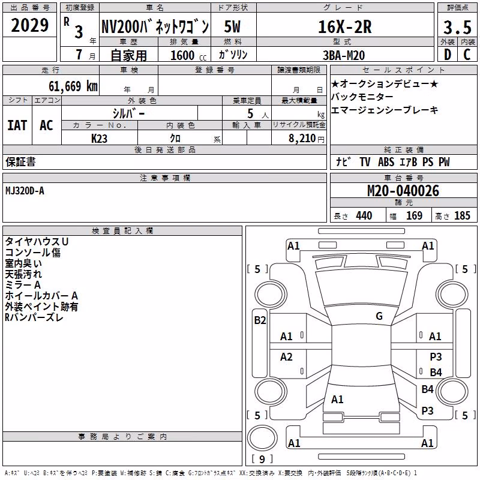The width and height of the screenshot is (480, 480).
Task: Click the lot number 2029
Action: tap(29, 25)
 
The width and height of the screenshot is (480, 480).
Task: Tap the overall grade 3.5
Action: tap(457, 28)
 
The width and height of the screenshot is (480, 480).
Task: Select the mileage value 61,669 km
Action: tap(73, 86)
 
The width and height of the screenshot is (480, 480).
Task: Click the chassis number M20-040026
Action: tap(403, 191)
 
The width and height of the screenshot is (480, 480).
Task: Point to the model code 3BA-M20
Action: tap(344, 55)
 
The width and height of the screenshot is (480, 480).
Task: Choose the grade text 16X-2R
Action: tap(344, 27)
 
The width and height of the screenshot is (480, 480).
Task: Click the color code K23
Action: tap(99, 139)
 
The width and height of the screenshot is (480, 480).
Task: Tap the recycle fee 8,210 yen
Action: tap(307, 139)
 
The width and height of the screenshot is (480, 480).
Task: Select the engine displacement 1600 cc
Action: tap(188, 55)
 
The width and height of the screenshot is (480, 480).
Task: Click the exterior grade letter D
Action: tap(447, 55)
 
